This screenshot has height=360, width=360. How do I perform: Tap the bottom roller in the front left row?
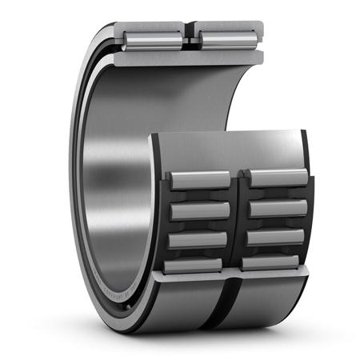coord(194,265)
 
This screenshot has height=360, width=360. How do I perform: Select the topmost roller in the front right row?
coord(274,178)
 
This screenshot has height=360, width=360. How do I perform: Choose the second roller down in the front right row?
coord(274,207)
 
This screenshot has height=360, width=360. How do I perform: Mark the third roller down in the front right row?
coord(274,237)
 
